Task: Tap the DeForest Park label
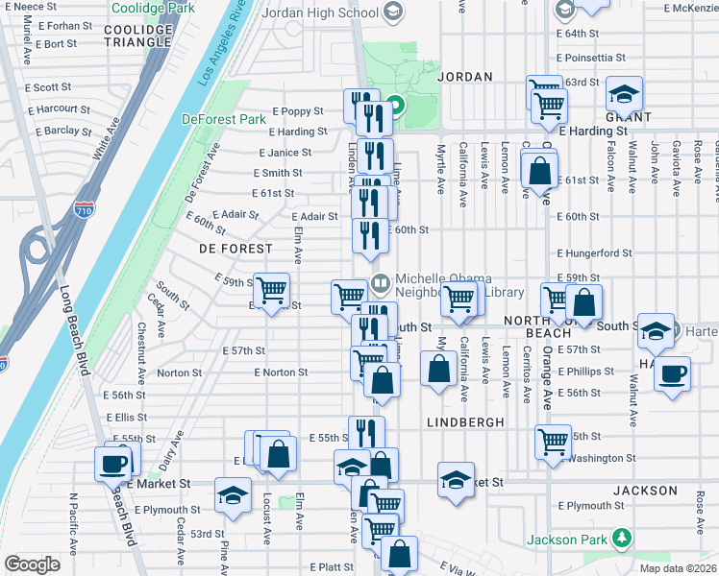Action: pos(224,120)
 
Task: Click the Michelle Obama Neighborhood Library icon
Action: pos(381,283)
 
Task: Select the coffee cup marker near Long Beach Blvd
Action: pos(112,464)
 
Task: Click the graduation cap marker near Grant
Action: pos(625,93)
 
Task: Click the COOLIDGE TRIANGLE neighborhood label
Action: pos(138,36)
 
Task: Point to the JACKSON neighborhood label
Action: pos(645,491)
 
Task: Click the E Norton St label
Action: pos(281,372)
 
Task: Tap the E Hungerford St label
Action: pos(594,253)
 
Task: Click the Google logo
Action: pos(32,564)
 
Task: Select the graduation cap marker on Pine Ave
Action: pos(232,494)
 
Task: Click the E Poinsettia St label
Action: pos(597,58)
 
